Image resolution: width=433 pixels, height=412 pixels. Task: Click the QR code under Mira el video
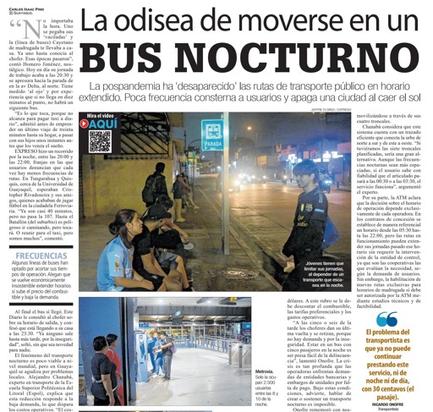coord(101,140)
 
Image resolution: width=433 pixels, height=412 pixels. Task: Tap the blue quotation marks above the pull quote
coord(387,319)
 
